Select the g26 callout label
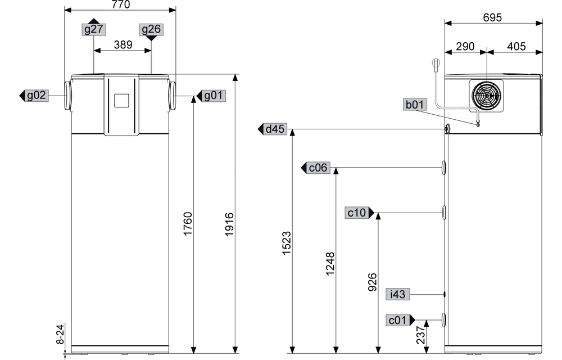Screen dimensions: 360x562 pyautogui.click(x=151, y=29)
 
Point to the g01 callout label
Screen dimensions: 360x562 pyautogui.click(x=213, y=96)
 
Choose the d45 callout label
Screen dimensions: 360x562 pyautogui.click(x=275, y=130)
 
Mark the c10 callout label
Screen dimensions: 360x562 pyautogui.click(x=357, y=213)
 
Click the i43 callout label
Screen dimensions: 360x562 pyautogui.click(x=398, y=294)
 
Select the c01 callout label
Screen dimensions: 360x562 pyautogui.click(x=398, y=319)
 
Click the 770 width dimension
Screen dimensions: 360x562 pyautogui.click(x=120, y=5)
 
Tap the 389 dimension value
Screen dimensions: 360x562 pyautogui.click(x=123, y=45)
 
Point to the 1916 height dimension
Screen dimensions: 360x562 pyautogui.click(x=229, y=224)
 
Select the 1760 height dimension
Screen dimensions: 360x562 pyautogui.click(x=188, y=224)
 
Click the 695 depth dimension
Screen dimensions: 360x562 pyautogui.click(x=493, y=17)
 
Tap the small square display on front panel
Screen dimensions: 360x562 pyautogui.click(x=121, y=101)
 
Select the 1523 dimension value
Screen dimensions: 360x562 pyautogui.click(x=287, y=243)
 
